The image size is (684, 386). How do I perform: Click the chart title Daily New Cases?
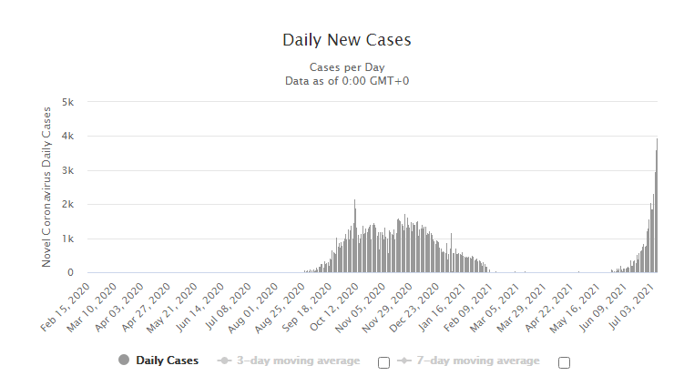click(x=347, y=40)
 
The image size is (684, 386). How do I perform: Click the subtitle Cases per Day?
click(x=347, y=66)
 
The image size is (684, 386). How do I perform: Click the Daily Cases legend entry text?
click(x=167, y=361)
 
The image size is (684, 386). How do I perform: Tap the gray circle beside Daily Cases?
click(x=124, y=361)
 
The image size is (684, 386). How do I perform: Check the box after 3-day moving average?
click(x=383, y=362)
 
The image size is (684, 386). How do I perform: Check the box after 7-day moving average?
click(x=564, y=362)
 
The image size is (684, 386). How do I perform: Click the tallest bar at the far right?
click(x=657, y=205)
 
